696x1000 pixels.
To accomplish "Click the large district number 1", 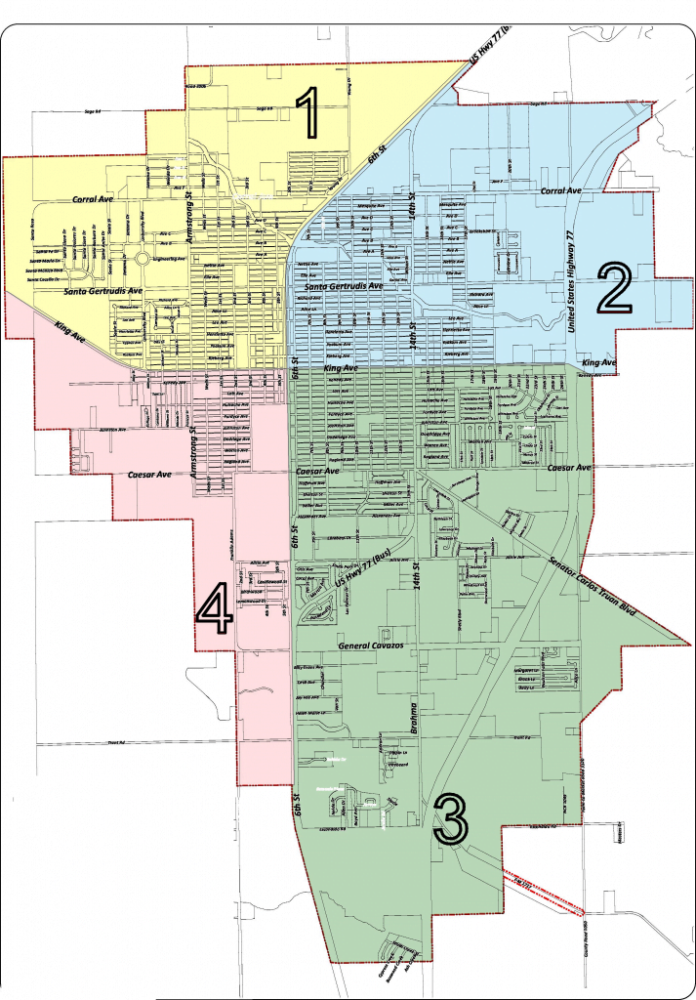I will tap(309, 113).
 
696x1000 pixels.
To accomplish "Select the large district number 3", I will tap(451, 818).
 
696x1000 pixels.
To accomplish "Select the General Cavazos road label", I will tap(372, 646).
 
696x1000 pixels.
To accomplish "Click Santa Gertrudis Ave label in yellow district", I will tap(89, 291).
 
